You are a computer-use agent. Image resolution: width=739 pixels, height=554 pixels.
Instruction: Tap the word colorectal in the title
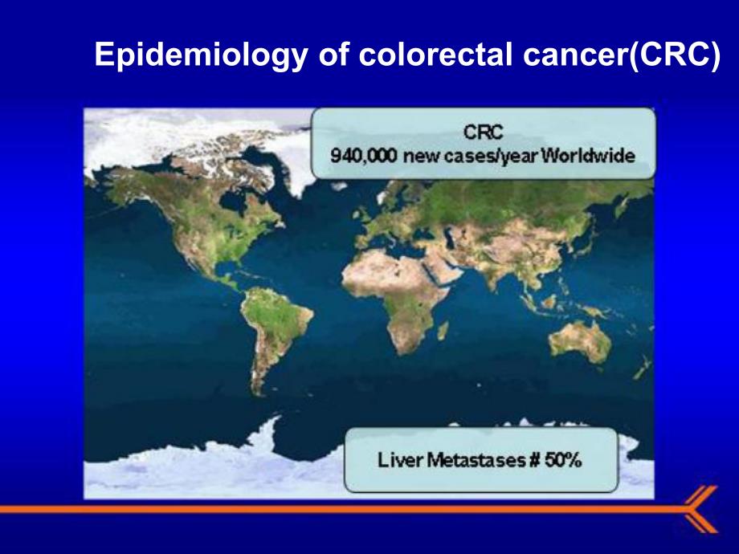coord(435,54)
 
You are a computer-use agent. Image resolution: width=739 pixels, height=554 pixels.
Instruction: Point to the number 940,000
coord(364,156)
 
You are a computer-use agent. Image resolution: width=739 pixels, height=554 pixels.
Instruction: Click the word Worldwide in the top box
coord(587,156)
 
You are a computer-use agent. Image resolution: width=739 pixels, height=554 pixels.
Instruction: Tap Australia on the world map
coord(581,340)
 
